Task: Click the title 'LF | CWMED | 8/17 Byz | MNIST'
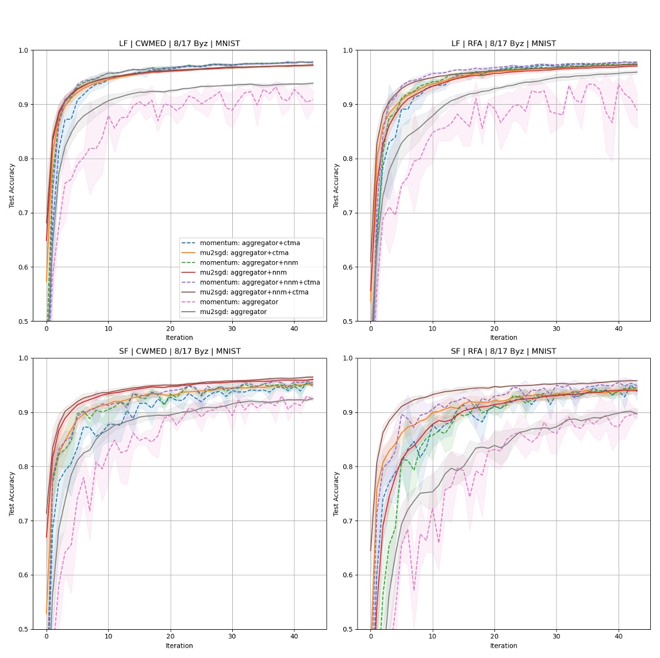point(179,44)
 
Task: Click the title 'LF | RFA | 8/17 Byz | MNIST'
point(504,44)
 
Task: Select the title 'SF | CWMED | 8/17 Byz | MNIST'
point(179,351)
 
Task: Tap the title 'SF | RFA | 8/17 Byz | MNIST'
point(504,351)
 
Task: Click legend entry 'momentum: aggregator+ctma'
point(250,243)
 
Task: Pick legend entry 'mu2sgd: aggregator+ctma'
point(244,253)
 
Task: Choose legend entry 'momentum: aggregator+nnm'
point(248,263)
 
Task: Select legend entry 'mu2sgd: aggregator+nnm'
point(243,273)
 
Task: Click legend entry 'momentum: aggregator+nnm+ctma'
point(260,282)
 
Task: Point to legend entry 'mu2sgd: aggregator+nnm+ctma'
point(254,292)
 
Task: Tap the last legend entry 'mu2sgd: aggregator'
point(233,312)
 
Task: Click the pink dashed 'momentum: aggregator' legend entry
point(239,302)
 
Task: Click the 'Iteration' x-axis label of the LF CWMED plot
point(179,338)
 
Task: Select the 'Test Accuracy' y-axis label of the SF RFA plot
point(336,494)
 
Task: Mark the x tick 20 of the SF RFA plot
point(494,636)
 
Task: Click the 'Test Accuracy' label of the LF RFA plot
point(336,186)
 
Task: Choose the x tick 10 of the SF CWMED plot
point(108,636)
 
